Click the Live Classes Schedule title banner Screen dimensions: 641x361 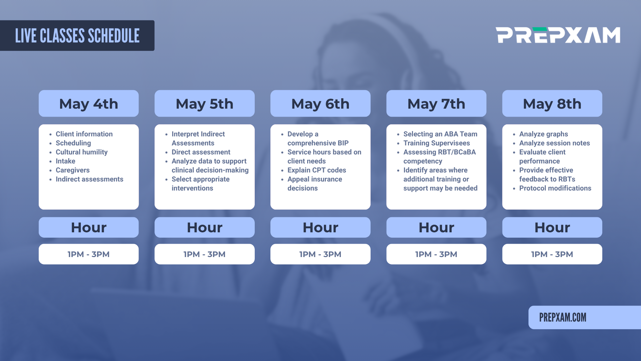click(x=77, y=36)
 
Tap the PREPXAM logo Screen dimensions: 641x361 click(x=558, y=35)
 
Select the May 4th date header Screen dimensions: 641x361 click(x=88, y=103)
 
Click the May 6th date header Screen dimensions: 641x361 click(x=320, y=103)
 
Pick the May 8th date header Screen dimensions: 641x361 click(x=552, y=103)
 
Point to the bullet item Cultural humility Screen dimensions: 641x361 click(x=81, y=152)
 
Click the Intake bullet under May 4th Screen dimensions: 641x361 click(x=65, y=161)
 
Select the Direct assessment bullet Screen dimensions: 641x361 click(x=201, y=152)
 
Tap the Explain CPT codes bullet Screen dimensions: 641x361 click(x=317, y=170)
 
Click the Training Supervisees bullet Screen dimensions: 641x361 click(x=437, y=143)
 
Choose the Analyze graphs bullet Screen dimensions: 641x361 click(x=544, y=134)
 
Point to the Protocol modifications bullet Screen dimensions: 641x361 click(x=555, y=188)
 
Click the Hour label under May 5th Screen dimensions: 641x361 click(x=205, y=227)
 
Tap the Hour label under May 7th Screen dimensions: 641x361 click(x=436, y=227)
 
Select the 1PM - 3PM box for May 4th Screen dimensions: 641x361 click(x=88, y=254)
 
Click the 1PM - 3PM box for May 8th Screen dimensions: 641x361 click(x=552, y=254)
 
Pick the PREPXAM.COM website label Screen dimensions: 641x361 click(x=563, y=318)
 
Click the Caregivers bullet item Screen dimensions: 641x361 click(x=72, y=170)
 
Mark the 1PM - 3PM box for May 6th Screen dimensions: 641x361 click(x=320, y=254)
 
